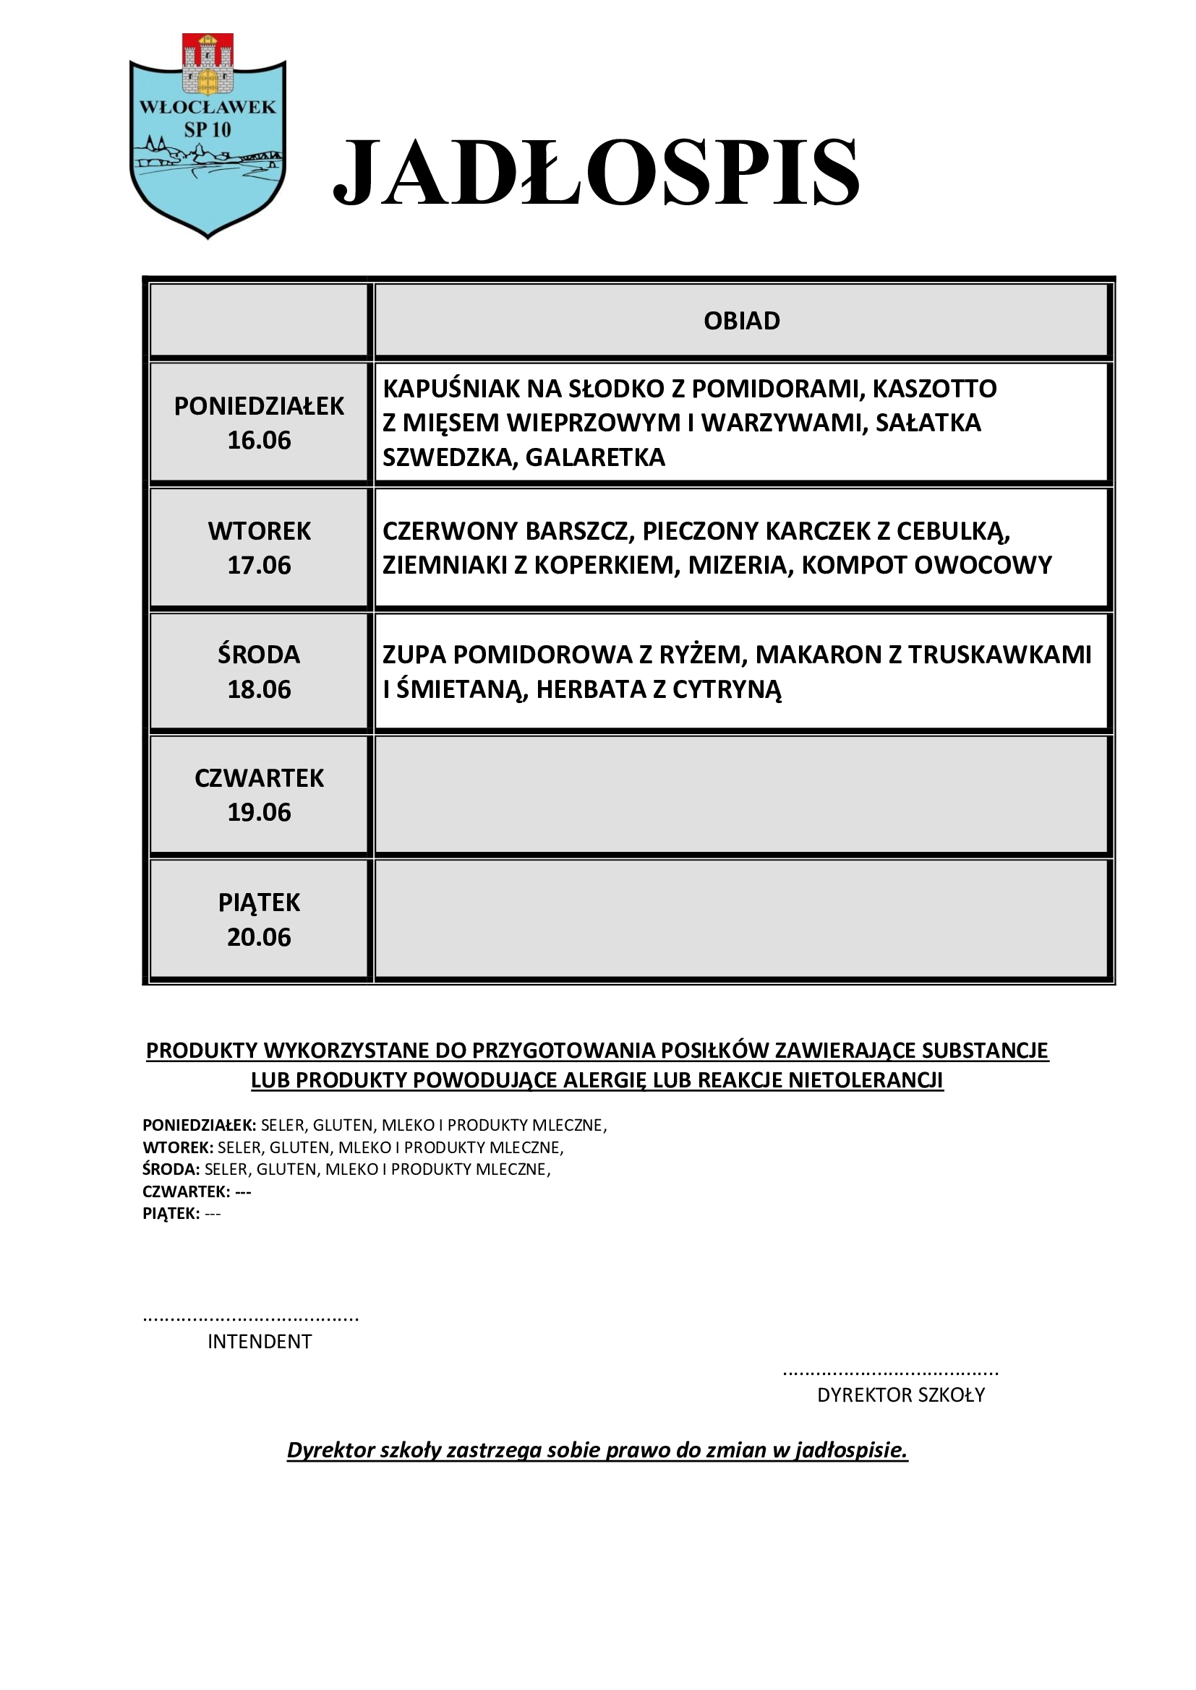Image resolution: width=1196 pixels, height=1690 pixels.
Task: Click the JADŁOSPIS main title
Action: click(x=596, y=173)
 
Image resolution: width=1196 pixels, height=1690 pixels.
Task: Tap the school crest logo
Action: click(x=208, y=136)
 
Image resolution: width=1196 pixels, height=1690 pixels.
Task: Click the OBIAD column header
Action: click(x=742, y=321)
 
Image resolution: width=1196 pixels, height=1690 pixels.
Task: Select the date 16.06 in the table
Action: click(x=260, y=440)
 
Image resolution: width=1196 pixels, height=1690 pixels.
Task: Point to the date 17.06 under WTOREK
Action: click(x=260, y=565)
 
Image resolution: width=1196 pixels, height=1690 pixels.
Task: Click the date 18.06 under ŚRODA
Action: click(x=260, y=690)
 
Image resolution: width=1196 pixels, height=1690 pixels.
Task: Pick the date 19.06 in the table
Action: click(x=260, y=813)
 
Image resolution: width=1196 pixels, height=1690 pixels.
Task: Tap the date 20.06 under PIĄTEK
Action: click(x=260, y=937)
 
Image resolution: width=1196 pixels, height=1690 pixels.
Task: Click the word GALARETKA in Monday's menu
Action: click(x=595, y=458)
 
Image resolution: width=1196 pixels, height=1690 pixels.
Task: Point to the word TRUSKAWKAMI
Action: click(x=999, y=655)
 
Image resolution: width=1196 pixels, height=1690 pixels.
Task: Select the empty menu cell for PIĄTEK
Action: click(x=742, y=920)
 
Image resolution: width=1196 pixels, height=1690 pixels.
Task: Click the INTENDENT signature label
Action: click(x=260, y=1342)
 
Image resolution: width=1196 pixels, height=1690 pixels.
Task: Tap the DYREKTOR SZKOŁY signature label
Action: click(x=901, y=1394)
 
